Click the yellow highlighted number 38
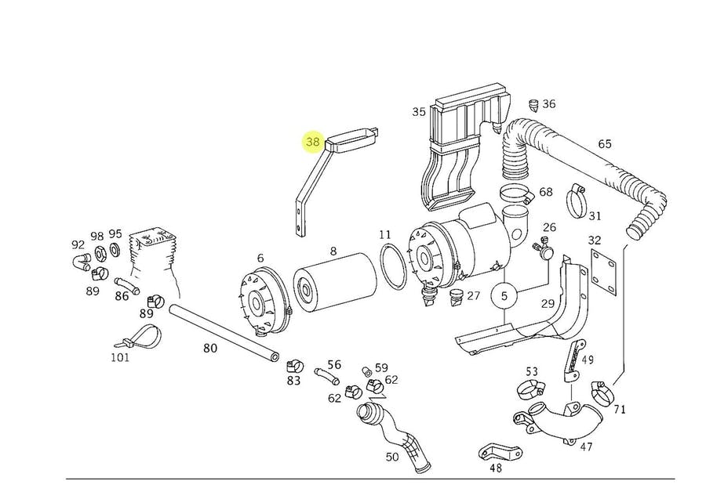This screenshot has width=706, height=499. click(313, 142)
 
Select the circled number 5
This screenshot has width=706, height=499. click(504, 297)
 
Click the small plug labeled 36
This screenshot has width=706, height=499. click(534, 103)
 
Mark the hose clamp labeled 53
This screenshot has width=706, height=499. click(531, 387)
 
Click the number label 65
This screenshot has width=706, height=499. click(604, 144)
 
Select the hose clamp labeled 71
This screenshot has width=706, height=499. click(602, 389)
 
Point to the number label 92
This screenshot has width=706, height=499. click(78, 244)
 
